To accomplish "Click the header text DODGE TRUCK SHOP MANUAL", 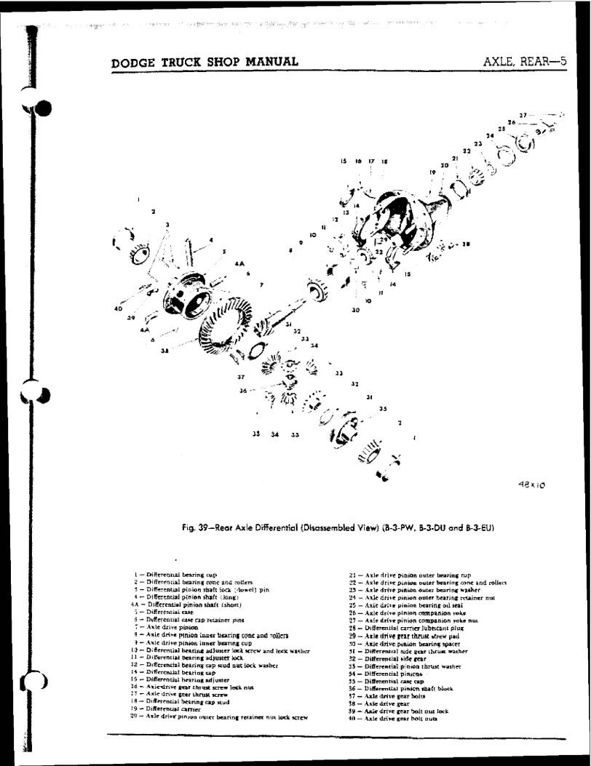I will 205,61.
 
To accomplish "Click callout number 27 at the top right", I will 523,115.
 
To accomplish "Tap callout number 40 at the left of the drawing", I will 118,309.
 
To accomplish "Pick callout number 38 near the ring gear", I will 164,350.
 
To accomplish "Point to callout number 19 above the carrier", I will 432,172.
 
